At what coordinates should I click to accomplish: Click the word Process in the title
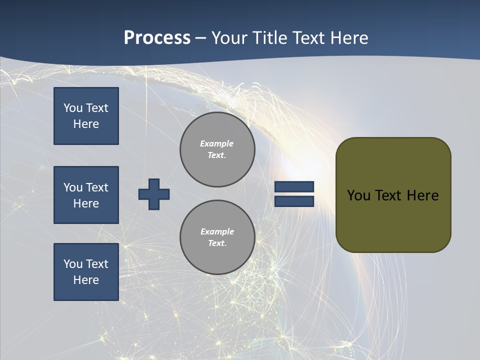point(157,38)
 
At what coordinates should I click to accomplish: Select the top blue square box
point(86,116)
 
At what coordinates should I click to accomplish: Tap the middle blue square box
point(86,195)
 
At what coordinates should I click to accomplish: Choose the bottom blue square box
point(86,272)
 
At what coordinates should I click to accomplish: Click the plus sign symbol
point(154,194)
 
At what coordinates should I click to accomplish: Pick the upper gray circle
point(217,149)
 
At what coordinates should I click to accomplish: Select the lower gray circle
point(217,237)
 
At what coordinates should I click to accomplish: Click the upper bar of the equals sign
point(294,186)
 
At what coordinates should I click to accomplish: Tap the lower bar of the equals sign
point(294,201)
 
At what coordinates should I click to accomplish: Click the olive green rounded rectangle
point(393,195)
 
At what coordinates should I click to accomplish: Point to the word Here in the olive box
point(423,195)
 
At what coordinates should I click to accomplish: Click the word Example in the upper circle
point(216,143)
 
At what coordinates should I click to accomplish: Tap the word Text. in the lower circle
point(217,243)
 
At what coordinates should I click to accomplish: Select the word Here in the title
point(349,37)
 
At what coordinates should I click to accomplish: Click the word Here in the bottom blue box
point(86,280)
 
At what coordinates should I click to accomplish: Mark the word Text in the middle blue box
point(97,187)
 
